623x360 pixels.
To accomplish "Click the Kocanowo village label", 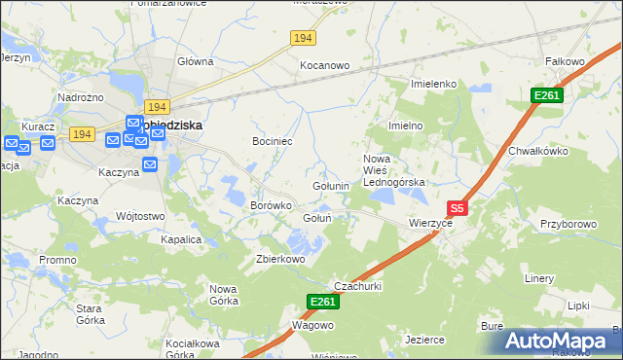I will pos(324,65).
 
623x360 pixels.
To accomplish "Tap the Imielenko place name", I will pos(434,84).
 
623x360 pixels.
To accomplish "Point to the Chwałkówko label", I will pos(537,151).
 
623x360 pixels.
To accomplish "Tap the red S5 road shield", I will pos(458,208).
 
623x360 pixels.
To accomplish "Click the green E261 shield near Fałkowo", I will pos(546,94).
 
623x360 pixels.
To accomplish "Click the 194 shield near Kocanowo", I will pos(303,37).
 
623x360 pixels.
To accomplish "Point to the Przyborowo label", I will pos(568,223).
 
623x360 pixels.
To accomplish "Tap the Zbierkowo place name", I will pos(280,259).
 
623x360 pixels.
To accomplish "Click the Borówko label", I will pos(272,206).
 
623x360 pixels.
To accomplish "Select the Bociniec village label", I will pos(273,142).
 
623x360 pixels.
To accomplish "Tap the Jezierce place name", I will pos(424,340).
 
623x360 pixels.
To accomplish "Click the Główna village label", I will pos(195,61).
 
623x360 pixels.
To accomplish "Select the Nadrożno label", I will pos(82,98).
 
